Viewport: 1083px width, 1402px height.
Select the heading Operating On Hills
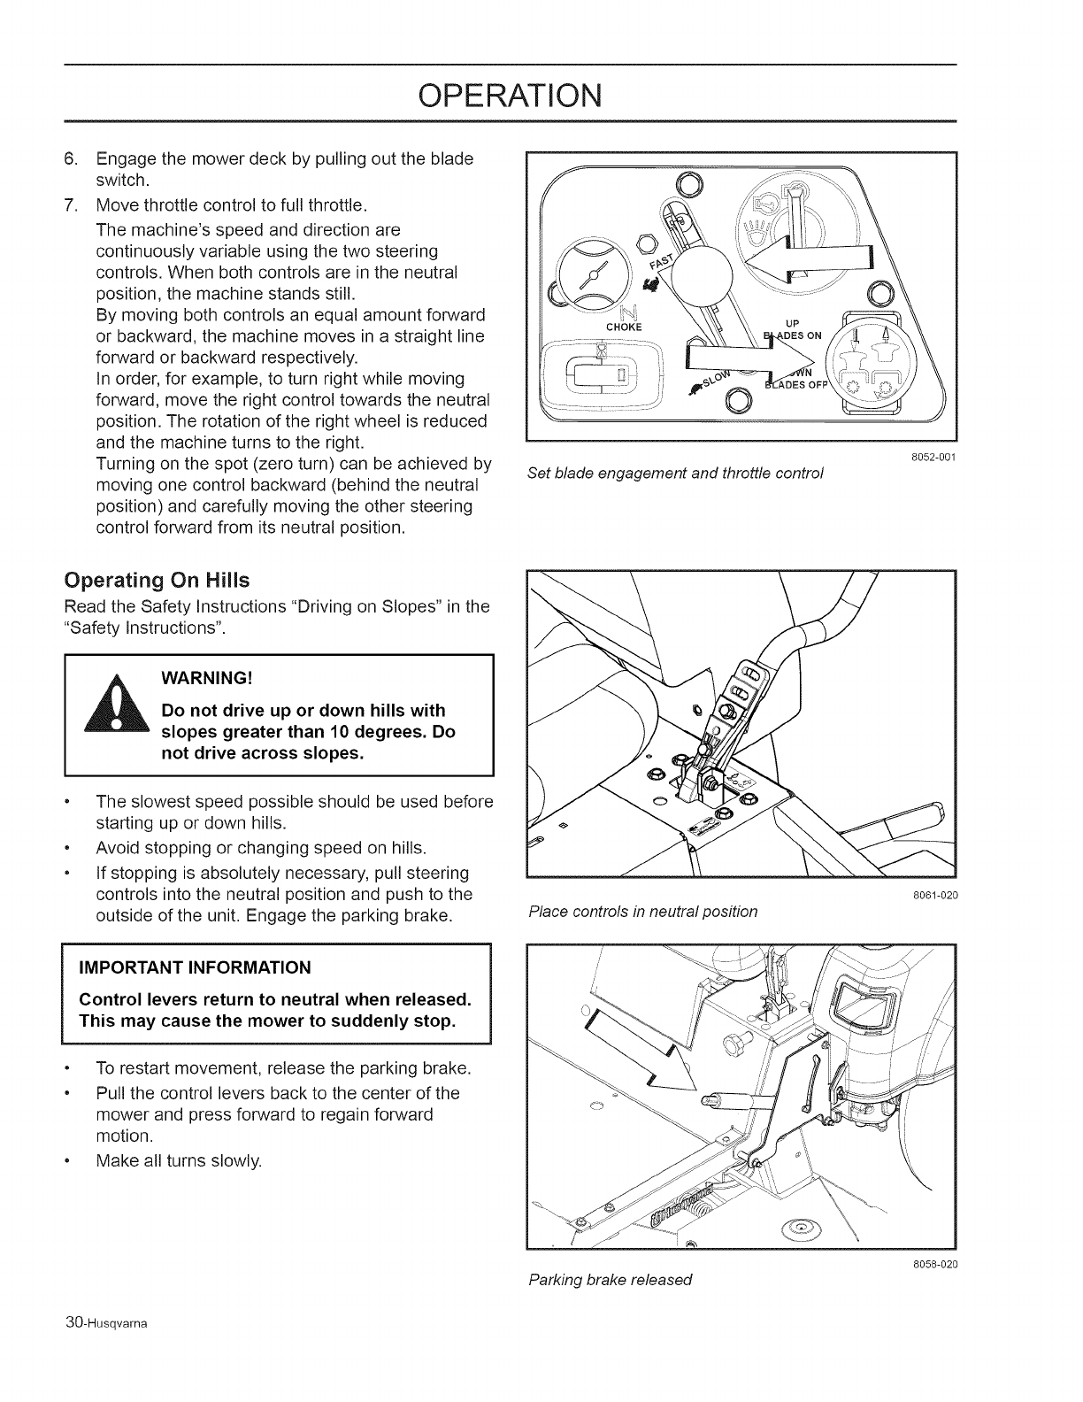[157, 581]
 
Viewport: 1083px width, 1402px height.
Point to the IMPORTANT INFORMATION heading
[196, 966]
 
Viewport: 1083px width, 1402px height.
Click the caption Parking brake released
[610, 1279]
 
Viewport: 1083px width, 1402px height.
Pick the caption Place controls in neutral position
[642, 911]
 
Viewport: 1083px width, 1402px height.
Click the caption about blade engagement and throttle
[675, 473]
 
